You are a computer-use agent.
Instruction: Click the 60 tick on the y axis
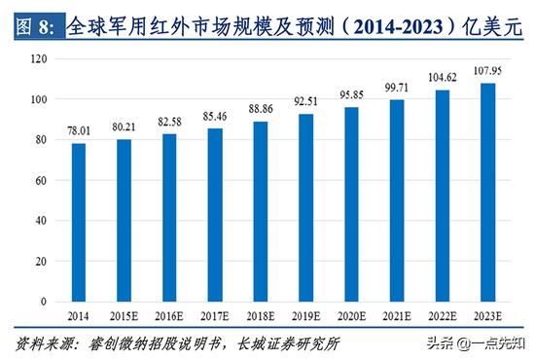(x=41, y=181)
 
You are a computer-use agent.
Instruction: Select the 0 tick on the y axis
(x=44, y=302)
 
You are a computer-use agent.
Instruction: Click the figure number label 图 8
(x=37, y=29)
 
